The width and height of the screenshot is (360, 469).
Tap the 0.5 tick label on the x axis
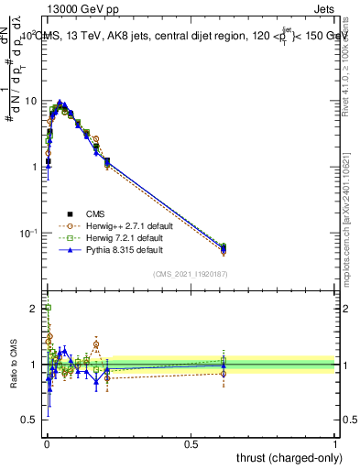[191, 445]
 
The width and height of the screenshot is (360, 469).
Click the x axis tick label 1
[335, 445]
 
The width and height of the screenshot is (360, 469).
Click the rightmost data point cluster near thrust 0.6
[224, 247]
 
